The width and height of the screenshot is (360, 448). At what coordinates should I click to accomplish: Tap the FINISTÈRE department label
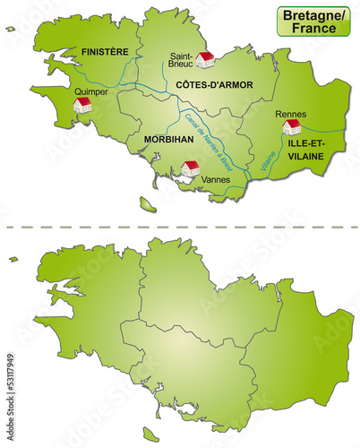click(105, 53)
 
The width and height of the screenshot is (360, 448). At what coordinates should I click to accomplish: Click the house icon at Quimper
click(82, 106)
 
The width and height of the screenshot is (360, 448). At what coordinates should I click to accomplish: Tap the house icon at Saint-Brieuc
click(205, 59)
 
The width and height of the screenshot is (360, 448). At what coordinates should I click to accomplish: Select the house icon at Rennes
click(292, 128)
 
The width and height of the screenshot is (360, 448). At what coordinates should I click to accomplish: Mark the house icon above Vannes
click(190, 168)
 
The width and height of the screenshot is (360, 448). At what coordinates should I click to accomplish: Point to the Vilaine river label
click(268, 160)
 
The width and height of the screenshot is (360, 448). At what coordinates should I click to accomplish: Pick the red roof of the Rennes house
click(292, 125)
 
